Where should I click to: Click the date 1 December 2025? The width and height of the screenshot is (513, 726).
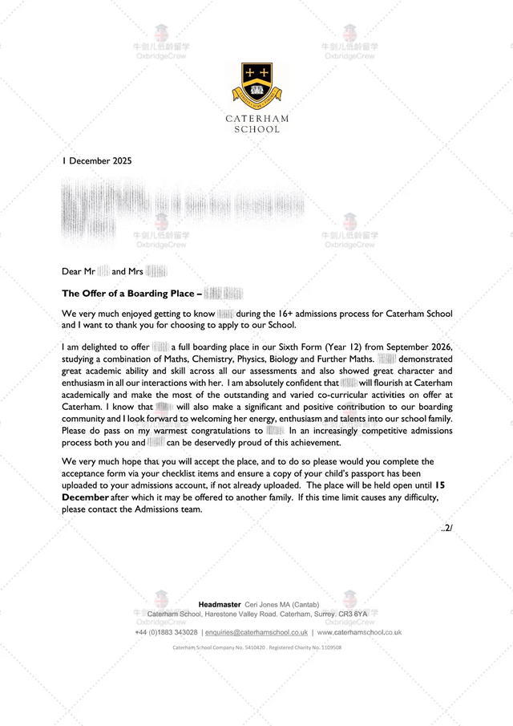(x=97, y=160)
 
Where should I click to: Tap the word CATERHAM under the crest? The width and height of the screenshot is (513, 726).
(x=256, y=119)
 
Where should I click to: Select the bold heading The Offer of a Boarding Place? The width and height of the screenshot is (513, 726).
(x=131, y=294)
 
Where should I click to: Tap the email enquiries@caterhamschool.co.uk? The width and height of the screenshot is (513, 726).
(x=256, y=632)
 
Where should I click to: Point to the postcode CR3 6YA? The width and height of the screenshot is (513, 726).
(x=353, y=614)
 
